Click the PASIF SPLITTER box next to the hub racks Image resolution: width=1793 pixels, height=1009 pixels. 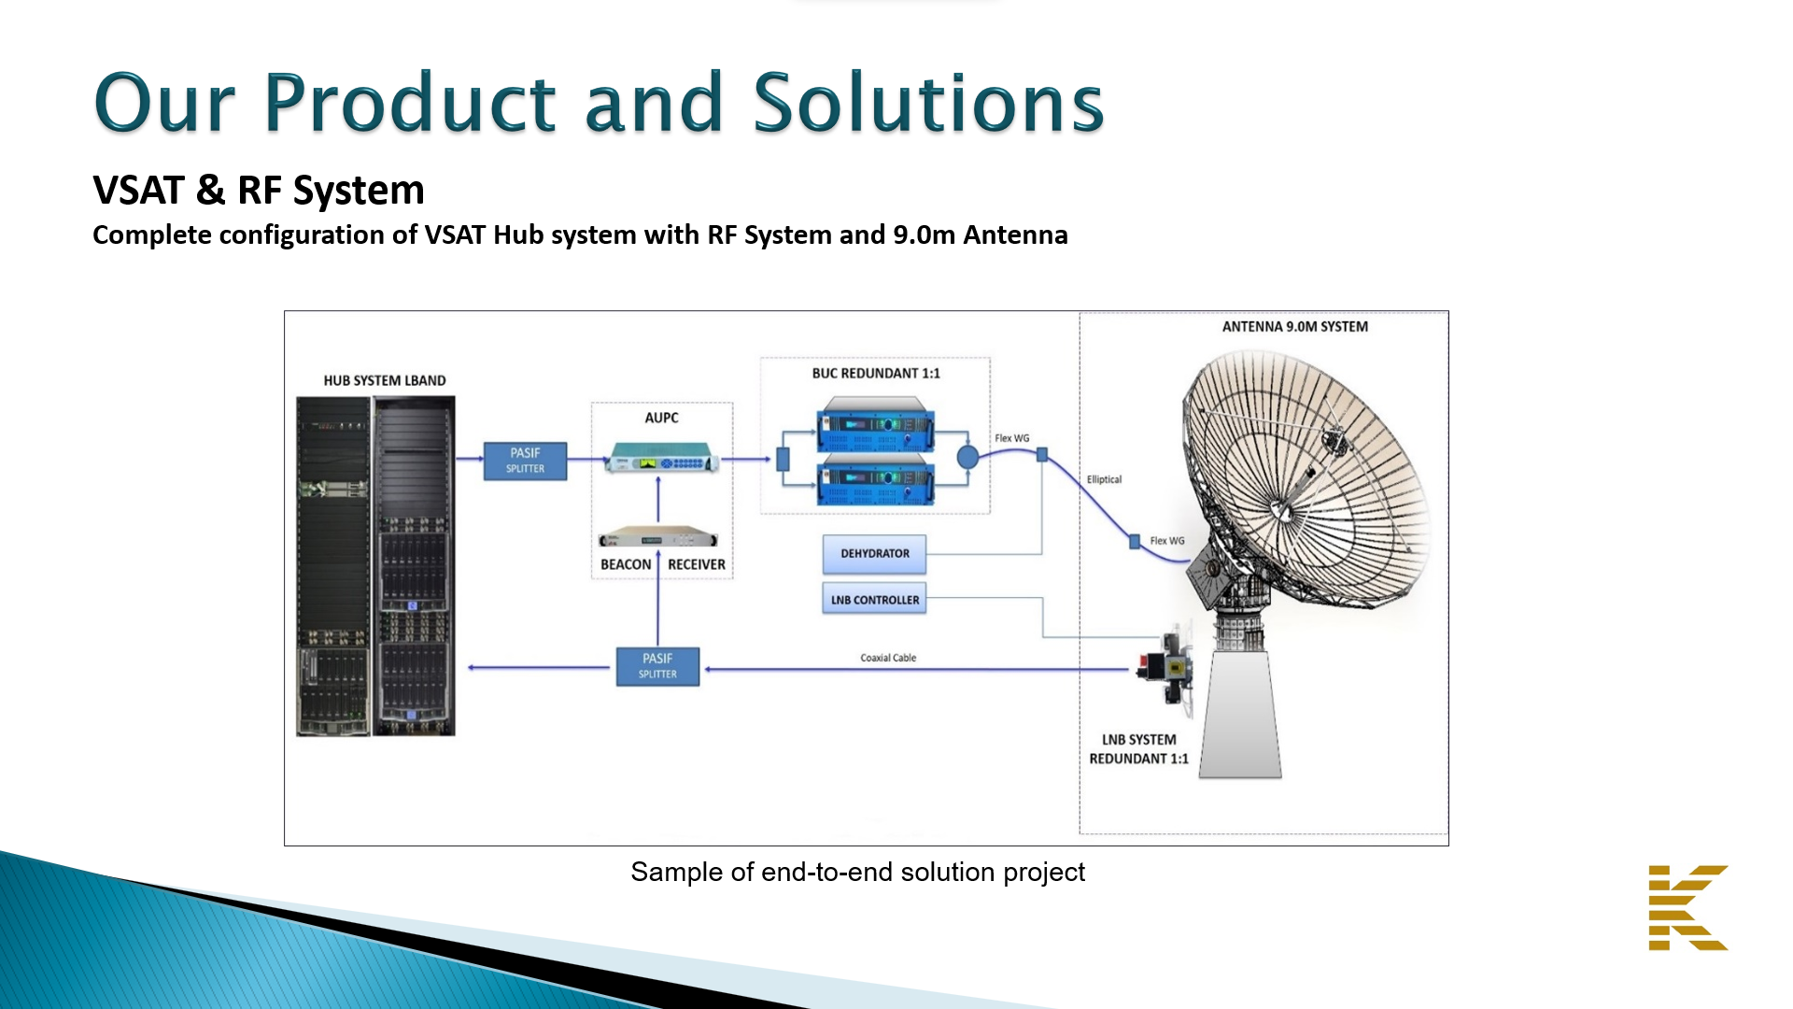525,461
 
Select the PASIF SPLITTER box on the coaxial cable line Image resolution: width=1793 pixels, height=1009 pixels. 657,666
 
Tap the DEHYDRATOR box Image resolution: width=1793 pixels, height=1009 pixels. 874,554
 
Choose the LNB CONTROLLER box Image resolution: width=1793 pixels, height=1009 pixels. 874,600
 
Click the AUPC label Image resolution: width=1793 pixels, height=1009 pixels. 661,418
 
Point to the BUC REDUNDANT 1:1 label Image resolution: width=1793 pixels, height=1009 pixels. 876,373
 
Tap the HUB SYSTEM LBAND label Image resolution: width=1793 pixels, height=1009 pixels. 385,380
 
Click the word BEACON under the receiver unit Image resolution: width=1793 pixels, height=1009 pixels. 626,564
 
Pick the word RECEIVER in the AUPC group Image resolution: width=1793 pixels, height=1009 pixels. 697,564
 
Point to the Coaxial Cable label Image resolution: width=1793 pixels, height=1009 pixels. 888,658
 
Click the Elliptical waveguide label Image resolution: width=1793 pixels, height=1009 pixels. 1104,479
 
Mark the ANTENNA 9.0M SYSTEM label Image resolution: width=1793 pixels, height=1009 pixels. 1294,326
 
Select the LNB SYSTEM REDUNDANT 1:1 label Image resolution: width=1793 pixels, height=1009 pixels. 1138,749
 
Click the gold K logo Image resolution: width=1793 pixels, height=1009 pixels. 1687,907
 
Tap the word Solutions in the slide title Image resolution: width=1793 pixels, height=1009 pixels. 928,103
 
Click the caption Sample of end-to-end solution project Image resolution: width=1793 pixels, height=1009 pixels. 857,872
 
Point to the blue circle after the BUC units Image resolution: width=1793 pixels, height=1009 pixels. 967,457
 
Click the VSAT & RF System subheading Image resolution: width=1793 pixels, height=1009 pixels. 259,191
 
